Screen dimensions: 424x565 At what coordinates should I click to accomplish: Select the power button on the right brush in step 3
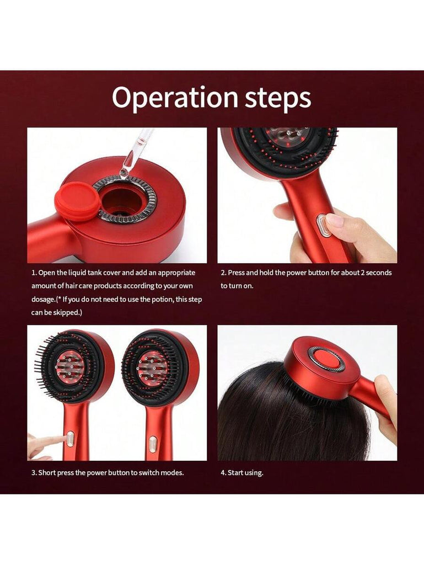(x=153, y=444)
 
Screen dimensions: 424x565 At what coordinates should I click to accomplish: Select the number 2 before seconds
(x=363, y=273)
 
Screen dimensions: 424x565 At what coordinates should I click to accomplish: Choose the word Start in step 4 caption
(x=235, y=472)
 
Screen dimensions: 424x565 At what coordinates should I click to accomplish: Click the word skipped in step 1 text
(x=67, y=312)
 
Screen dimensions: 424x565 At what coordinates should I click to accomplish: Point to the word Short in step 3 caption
(x=46, y=472)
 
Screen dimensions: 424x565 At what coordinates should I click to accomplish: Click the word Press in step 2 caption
(x=236, y=273)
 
